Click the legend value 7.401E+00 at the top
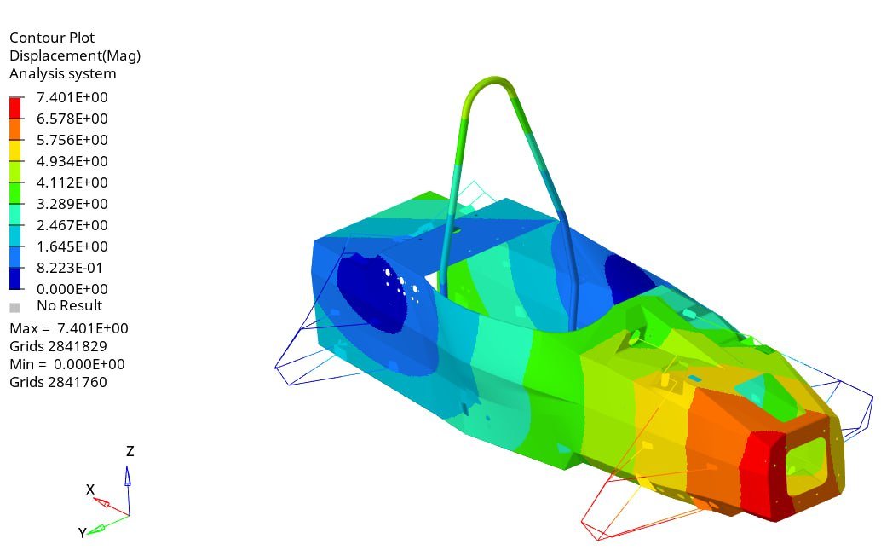point(72,97)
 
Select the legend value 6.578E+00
point(72,119)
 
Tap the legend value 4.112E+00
point(72,182)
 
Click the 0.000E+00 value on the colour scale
point(72,289)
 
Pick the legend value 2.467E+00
point(72,225)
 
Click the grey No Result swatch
point(15,308)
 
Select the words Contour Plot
point(52,38)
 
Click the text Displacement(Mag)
point(75,55)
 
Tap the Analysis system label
point(63,73)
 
